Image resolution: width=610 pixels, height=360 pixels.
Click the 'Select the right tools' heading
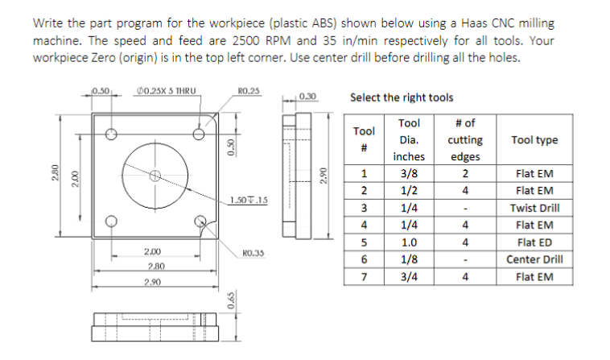402,97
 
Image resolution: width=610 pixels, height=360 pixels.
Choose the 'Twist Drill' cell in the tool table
534,208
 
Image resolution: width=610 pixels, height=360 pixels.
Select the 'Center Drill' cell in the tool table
534,259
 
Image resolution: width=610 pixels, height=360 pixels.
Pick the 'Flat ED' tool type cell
534,242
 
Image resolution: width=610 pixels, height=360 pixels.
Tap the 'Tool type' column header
534,140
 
